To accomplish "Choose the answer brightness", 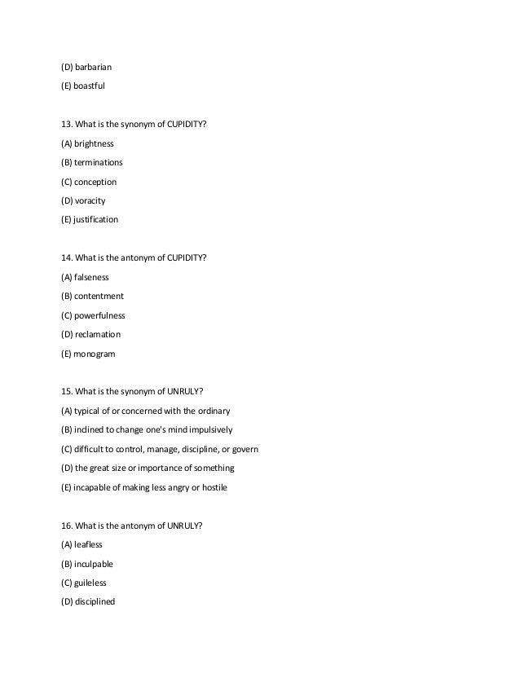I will tap(95, 143).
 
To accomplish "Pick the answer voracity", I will tap(90, 200).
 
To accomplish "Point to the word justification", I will tap(97, 219).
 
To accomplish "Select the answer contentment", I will tap(99, 297).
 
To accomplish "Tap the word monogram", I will tap(94, 354).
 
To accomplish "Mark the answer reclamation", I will tap(98, 334).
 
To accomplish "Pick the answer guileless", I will tap(91, 583).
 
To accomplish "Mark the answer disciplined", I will tap(95, 602).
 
